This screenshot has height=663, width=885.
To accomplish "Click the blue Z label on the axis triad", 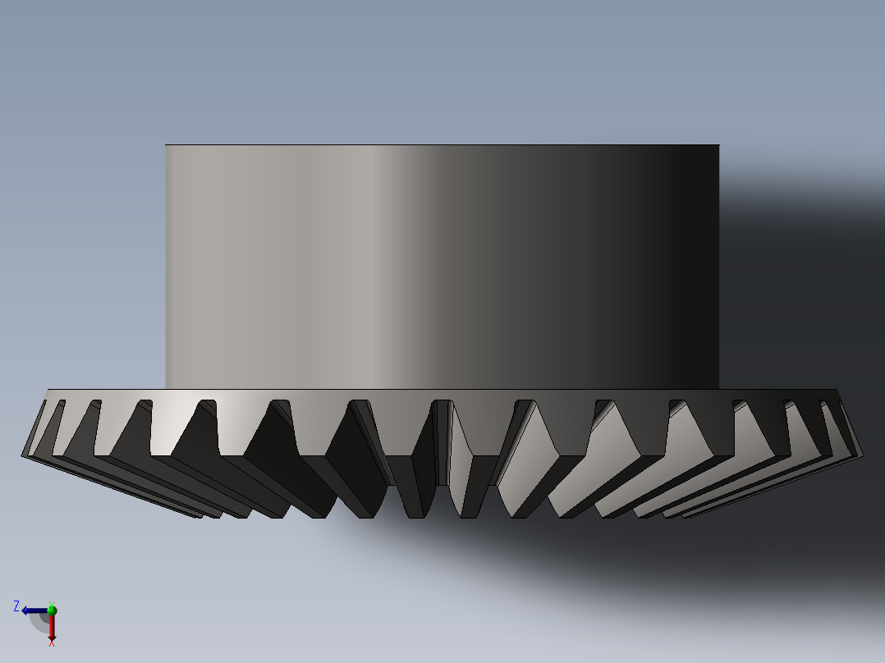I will (x=16, y=606).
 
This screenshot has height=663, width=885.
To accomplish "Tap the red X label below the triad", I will (x=51, y=643).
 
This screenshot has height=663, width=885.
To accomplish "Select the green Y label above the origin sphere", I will (x=52, y=603).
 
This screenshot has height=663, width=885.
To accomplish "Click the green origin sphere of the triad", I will (x=51, y=610).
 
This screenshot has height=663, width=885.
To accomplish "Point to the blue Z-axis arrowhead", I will (x=26, y=610).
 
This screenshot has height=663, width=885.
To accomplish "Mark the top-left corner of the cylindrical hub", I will (x=166, y=145).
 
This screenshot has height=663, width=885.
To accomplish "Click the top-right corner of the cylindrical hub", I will (x=719, y=145).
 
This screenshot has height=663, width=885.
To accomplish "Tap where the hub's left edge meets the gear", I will (x=166, y=388).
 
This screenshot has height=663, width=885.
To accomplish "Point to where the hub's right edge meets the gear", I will (x=719, y=388).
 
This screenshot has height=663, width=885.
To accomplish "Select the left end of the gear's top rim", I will (x=48, y=390).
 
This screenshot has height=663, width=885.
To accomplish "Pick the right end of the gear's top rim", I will (x=837, y=390).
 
